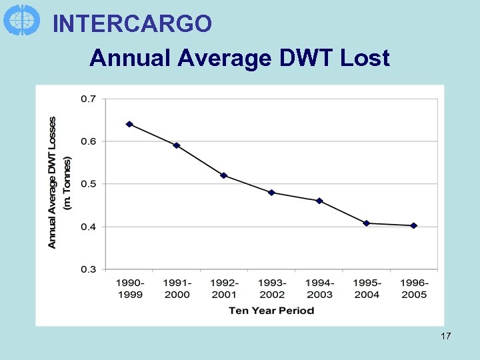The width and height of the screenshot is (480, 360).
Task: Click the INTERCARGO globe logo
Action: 21,19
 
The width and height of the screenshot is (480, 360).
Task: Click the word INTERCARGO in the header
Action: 132,24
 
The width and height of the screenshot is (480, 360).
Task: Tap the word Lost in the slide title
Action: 365,59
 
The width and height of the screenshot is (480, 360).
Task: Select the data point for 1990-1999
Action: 129,124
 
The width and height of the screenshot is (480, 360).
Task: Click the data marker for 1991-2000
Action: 177,145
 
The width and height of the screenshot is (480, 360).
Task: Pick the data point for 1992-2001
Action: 224,175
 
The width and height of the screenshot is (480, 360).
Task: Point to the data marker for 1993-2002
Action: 271,193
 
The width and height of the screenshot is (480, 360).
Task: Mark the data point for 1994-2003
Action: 319,201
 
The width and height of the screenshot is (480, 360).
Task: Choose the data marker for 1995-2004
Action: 367,223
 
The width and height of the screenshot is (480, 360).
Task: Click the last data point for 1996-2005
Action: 414,225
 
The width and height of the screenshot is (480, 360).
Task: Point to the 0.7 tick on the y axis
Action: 88,99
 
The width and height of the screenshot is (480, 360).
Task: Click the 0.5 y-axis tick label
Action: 88,184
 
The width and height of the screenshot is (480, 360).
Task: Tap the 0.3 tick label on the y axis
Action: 88,269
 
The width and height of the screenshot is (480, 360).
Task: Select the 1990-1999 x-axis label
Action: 129,289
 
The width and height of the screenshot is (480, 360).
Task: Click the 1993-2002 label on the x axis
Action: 271,289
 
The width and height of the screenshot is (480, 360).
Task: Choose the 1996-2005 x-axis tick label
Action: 414,289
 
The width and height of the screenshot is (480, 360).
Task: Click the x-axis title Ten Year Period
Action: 271,310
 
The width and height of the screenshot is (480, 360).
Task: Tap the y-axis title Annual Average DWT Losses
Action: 53,183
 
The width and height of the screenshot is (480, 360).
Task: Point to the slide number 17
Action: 445,336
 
